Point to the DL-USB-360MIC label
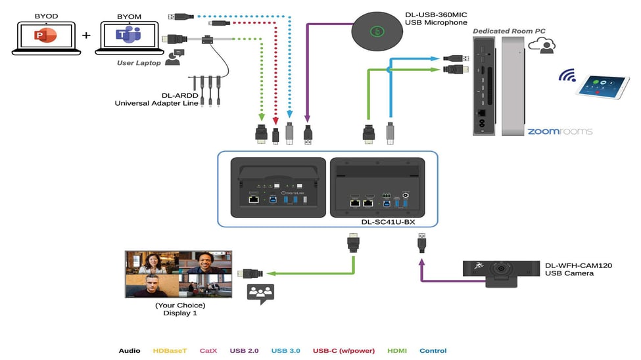(437, 18)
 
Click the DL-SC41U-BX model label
(388, 221)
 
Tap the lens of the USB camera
(503, 270)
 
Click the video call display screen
(178, 274)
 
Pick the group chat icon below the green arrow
(260, 294)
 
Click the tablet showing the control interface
(602, 85)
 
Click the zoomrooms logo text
(559, 131)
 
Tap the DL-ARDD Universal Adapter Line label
(156, 99)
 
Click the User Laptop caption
(139, 63)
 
